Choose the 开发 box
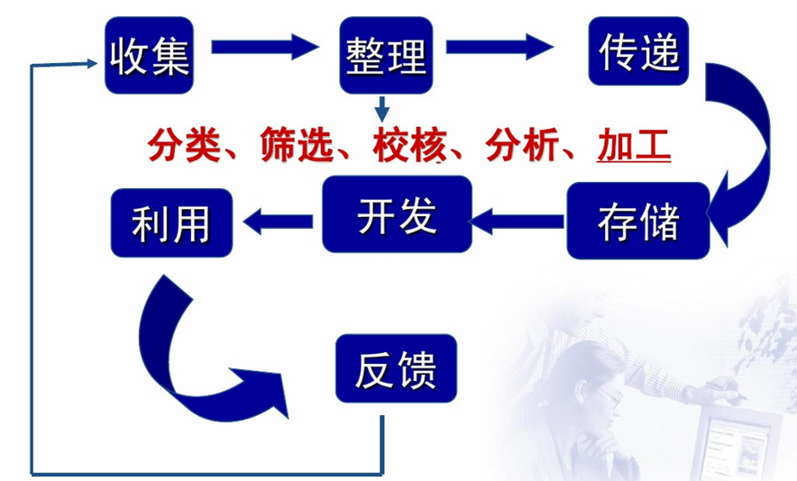[397, 214]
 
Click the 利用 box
[170, 222]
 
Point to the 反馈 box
[396, 368]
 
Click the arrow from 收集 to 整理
[265, 46]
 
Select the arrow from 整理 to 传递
[500, 46]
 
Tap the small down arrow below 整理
[382, 108]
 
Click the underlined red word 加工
[634, 145]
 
